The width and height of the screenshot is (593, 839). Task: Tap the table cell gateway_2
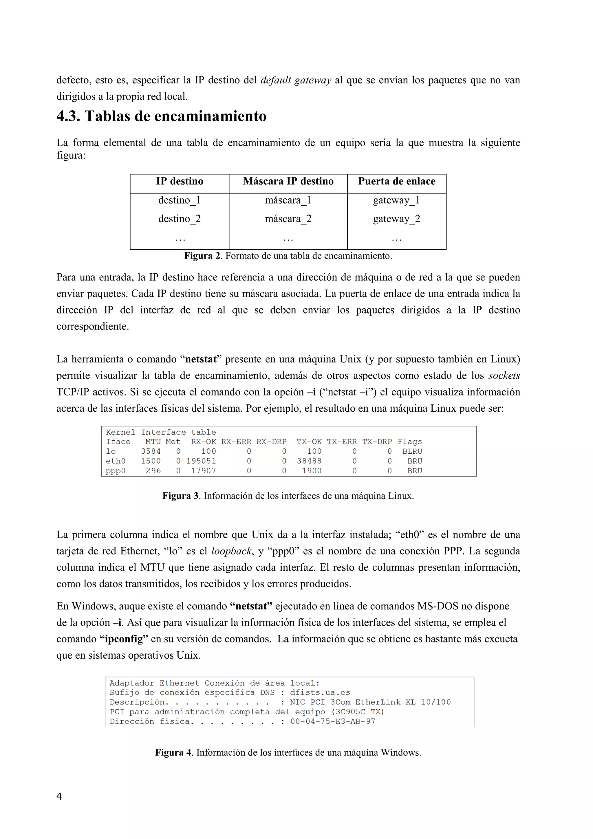click(x=396, y=219)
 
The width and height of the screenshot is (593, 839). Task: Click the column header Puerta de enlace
click(x=396, y=181)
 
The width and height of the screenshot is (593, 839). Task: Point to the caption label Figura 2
click(x=202, y=256)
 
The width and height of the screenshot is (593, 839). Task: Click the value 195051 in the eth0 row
click(x=201, y=461)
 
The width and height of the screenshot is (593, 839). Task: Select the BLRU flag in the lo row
click(x=412, y=451)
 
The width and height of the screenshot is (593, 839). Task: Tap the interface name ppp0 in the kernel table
click(x=116, y=471)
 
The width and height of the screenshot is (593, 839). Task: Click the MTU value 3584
click(x=151, y=451)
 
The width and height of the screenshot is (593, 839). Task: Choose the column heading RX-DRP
click(x=271, y=442)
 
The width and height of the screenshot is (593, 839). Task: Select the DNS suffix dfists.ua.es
click(x=320, y=693)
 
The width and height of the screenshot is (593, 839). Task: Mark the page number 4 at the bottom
click(x=59, y=796)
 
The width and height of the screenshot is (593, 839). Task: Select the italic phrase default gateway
click(x=296, y=80)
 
